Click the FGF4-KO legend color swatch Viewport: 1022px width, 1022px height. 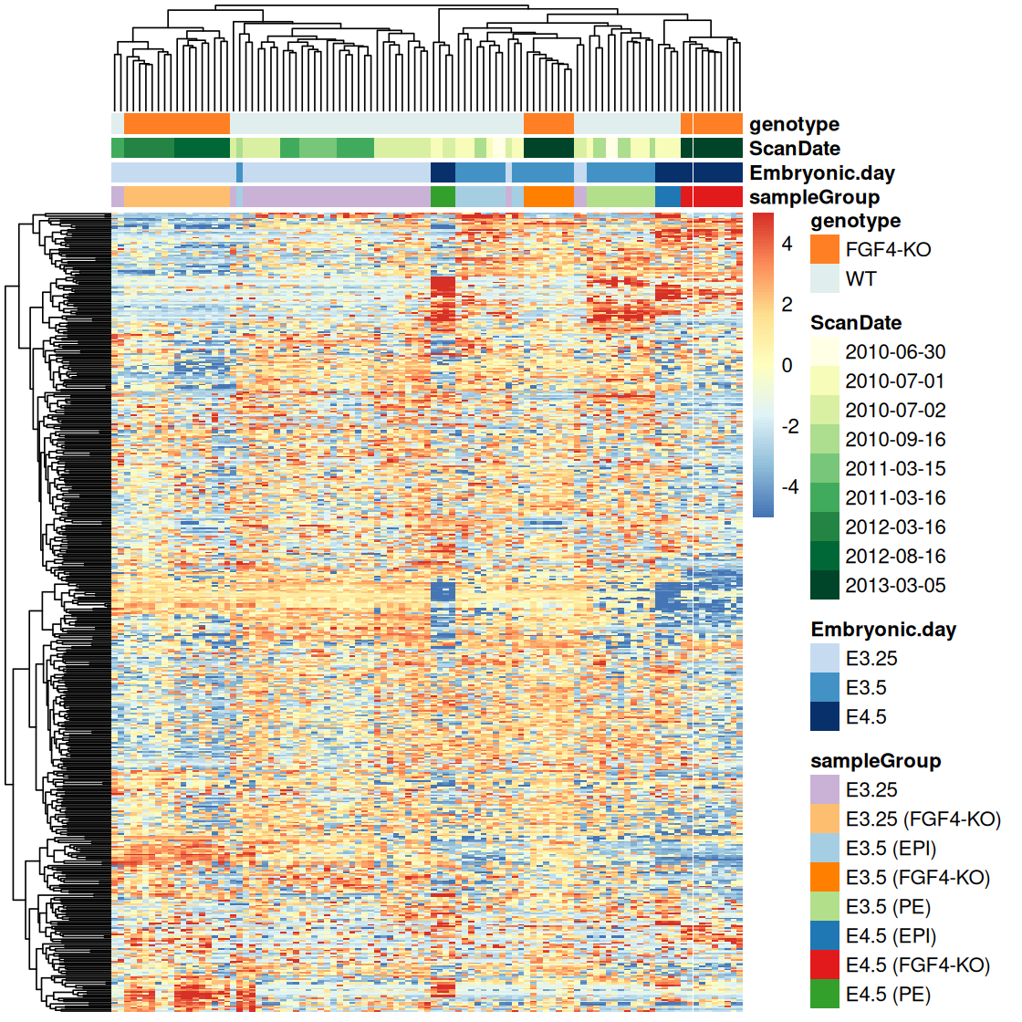[x=824, y=249]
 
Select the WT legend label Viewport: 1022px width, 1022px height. [x=860, y=278]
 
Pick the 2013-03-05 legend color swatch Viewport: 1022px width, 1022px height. [x=824, y=585]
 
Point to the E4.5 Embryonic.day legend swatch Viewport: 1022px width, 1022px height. [x=824, y=716]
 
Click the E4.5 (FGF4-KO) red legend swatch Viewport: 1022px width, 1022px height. [x=824, y=965]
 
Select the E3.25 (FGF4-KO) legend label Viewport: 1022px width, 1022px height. [x=923, y=819]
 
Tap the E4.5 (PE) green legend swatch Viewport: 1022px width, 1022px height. [x=824, y=994]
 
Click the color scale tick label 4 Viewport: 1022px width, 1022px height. [x=787, y=245]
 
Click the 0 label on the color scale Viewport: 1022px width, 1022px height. [x=787, y=365]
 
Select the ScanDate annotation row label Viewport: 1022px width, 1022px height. [x=795, y=149]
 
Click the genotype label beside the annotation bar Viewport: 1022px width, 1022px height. [x=794, y=124]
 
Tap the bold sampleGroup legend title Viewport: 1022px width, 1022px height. [x=875, y=760]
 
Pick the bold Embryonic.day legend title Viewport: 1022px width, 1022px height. [x=882, y=629]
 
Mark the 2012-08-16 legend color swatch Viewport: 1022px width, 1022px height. [x=824, y=556]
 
